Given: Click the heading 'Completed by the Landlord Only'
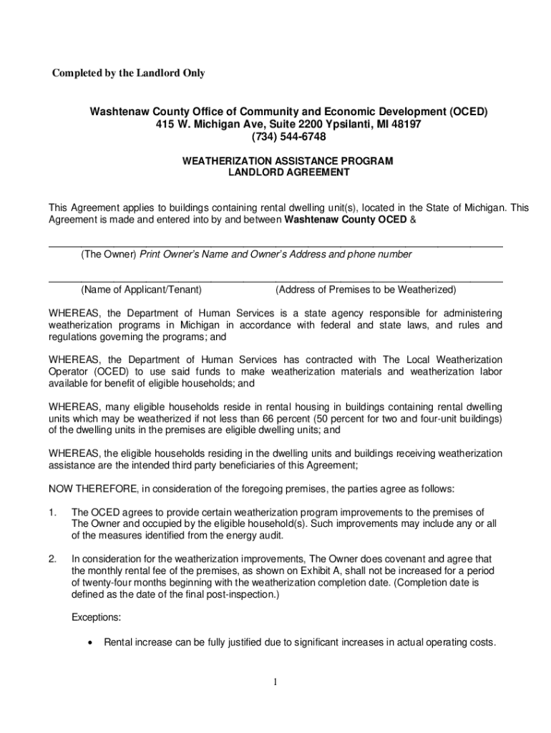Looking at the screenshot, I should click(x=127, y=73).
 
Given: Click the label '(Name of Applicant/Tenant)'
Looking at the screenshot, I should click(x=141, y=290).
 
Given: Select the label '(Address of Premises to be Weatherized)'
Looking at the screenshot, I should click(x=366, y=290).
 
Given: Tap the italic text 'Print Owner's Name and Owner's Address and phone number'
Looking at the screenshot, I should click(x=275, y=254).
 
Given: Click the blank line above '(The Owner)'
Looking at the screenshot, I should click(x=275, y=246).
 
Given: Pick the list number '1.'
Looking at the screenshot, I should click(x=53, y=513).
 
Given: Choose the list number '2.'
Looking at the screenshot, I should click(x=53, y=558).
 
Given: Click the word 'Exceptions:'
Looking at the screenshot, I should click(x=97, y=616).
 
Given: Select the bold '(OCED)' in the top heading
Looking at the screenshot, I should click(x=468, y=112).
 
